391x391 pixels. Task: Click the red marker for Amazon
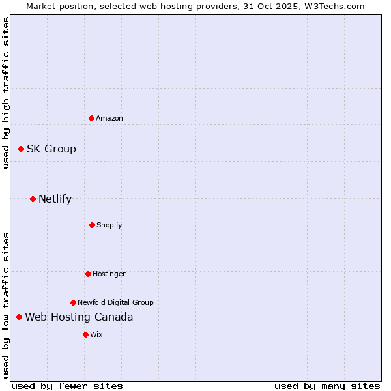point(92,118)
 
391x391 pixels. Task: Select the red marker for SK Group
point(21,149)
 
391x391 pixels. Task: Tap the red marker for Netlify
point(33,199)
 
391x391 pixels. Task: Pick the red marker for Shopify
point(92,225)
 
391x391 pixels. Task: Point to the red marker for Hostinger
point(88,274)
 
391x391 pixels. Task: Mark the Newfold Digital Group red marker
point(73,302)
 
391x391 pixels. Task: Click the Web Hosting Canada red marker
point(19,317)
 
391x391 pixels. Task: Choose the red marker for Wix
point(85,334)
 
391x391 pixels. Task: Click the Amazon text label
point(109,118)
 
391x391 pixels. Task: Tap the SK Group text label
point(51,149)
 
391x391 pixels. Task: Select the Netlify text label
point(55,199)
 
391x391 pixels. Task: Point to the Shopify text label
point(109,225)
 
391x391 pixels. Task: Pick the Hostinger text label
point(109,274)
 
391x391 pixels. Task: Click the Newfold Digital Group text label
point(115,302)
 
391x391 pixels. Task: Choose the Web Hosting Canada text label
point(79,317)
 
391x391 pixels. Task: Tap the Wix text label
point(96,334)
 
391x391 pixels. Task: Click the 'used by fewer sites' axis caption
point(67,386)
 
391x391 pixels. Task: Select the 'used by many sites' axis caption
point(327,386)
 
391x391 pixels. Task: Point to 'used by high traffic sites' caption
point(6,93)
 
